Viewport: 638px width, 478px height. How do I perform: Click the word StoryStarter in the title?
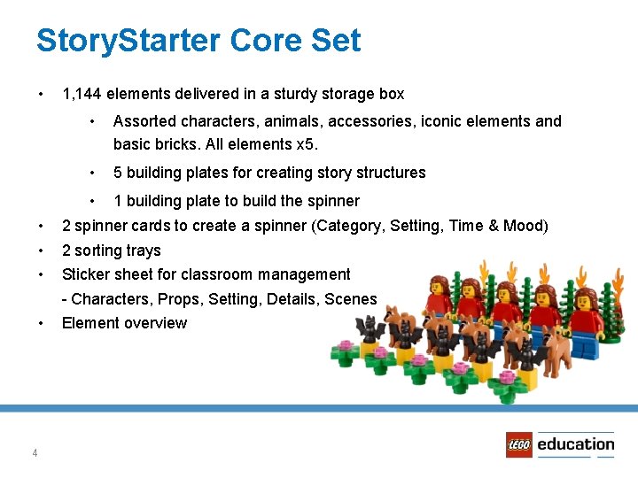point(127,41)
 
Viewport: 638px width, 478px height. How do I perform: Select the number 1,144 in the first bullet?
point(84,94)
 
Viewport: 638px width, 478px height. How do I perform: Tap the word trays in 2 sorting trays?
point(144,251)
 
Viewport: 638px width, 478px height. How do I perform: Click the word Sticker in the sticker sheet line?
point(87,274)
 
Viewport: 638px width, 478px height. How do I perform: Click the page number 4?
point(35,453)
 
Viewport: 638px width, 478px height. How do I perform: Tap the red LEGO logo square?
point(519,444)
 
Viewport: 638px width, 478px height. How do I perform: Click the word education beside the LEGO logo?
point(575,443)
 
